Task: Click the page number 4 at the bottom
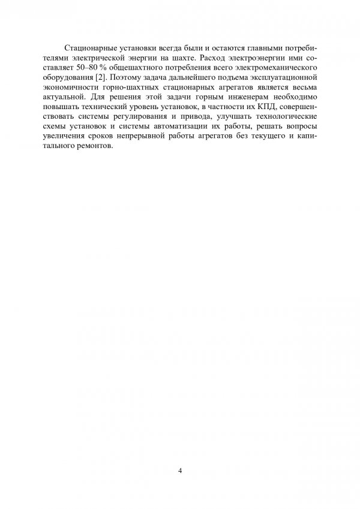point(180,469)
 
